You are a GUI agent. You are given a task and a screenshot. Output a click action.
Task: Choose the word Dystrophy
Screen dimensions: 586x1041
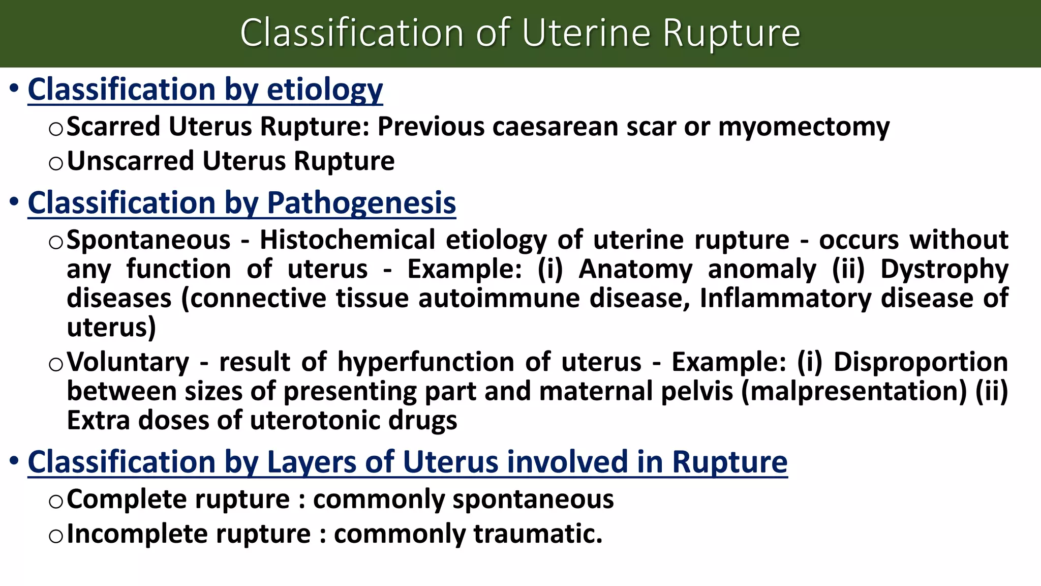[x=944, y=270]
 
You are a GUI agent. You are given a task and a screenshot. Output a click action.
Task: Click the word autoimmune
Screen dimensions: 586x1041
[x=499, y=298]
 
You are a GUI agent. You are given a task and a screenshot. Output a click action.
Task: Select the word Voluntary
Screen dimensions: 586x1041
[x=128, y=363]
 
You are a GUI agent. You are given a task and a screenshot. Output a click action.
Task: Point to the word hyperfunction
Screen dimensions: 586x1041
[x=426, y=362]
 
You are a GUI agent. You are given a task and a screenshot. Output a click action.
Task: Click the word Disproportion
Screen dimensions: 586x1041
[x=921, y=362]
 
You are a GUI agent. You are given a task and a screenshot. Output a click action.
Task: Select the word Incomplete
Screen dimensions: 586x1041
[x=137, y=534]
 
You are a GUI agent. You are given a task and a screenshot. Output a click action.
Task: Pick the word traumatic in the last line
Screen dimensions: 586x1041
[x=538, y=534]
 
